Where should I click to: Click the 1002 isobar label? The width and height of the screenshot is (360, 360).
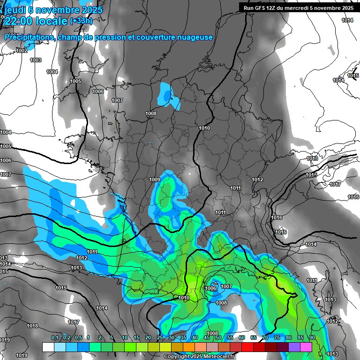point(22,51)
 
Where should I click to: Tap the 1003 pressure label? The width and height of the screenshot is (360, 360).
point(36,60)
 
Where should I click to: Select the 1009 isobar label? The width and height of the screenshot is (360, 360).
point(155,180)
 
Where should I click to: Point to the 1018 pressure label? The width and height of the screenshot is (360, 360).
point(32,326)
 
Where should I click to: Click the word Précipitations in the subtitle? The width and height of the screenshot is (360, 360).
point(29,37)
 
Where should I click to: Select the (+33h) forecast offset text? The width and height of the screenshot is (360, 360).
point(81,21)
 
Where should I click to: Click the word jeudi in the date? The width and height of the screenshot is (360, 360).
point(13,10)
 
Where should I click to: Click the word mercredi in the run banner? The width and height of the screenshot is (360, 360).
point(306,7)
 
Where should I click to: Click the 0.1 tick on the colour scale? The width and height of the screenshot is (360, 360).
point(54,337)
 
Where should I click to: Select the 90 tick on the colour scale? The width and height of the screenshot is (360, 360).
point(312,337)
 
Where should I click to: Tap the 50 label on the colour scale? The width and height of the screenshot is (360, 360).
point(218,337)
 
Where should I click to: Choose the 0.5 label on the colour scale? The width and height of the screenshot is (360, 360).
point(78,337)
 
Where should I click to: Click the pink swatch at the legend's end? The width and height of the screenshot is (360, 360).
point(306,347)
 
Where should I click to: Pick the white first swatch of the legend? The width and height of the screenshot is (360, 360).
point(48,347)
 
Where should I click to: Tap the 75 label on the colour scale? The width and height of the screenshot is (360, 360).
point(277,337)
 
